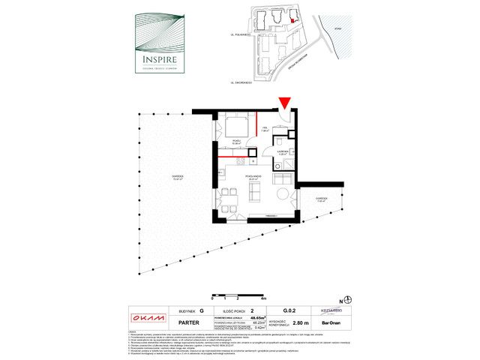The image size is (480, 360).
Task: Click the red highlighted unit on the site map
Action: pyautogui.click(x=301, y=22)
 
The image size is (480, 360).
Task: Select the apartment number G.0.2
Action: pyautogui.click(x=287, y=310)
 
